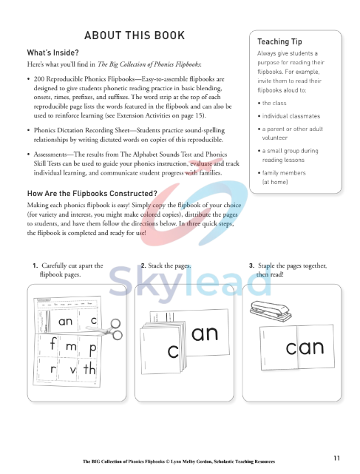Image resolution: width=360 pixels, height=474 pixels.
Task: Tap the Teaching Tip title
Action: pyautogui.click(x=279, y=41)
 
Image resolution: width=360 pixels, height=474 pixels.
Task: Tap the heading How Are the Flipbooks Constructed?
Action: pyautogui.click(x=90, y=194)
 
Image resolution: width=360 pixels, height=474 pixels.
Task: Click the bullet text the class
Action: pyautogui.click(x=276, y=102)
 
